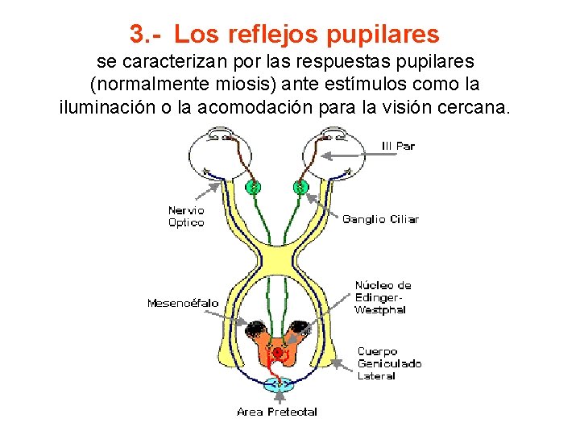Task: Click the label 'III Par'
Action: click(397, 147)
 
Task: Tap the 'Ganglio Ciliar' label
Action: click(380, 219)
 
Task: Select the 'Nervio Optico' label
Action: click(186, 217)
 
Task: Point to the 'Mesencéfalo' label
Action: click(182, 303)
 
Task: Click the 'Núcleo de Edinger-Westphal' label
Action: click(383, 297)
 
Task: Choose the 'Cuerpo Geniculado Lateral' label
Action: click(389, 363)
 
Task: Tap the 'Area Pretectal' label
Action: click(277, 412)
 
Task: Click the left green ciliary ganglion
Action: click(254, 188)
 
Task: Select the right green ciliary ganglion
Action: click(300, 188)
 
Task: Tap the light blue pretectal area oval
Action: click(279, 386)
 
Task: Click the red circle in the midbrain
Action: click(278, 353)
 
